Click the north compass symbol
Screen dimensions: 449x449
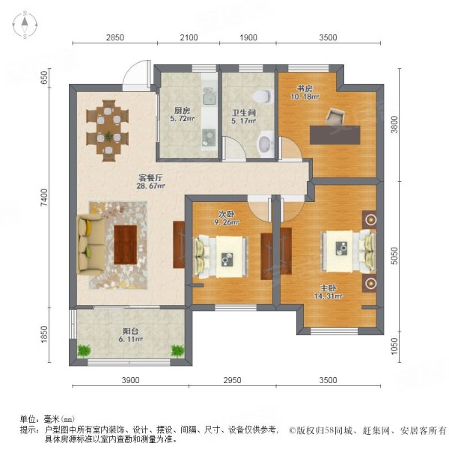coord(25,25)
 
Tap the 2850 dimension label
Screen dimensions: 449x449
coord(114,37)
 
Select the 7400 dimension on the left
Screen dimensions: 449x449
coord(44,198)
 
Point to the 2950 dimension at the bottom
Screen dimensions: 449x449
coord(232,381)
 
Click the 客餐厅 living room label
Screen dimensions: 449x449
coord(150,177)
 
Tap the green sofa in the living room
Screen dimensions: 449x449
coord(89,245)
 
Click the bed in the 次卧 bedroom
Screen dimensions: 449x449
coord(222,254)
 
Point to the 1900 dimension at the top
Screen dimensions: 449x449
coord(248,37)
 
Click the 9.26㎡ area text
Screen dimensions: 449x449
coord(227,222)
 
